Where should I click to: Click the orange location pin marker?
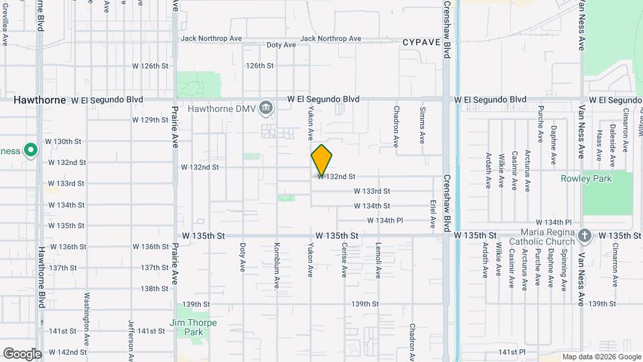[321, 160]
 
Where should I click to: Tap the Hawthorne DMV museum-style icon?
[267, 108]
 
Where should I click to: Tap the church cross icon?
[585, 235]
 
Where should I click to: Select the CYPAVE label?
[421, 42]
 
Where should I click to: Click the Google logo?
[22, 353]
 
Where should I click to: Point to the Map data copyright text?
[601, 357]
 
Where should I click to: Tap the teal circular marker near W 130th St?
[30, 150]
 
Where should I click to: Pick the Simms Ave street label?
[422, 125]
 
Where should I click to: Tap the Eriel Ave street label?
[433, 212]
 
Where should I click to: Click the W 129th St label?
[150, 120]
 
